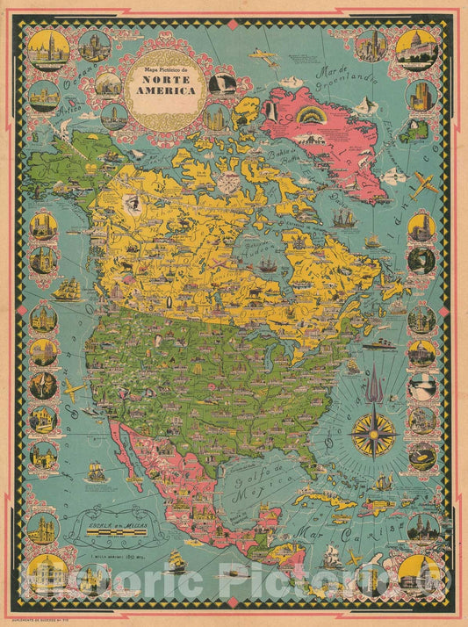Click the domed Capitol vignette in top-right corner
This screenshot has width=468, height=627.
tap(416, 49)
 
